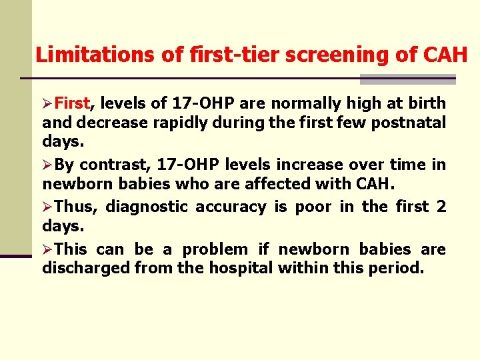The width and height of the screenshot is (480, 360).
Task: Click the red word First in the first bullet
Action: pyautogui.click(x=72, y=103)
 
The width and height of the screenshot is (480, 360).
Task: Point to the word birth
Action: pyautogui.click(x=427, y=103)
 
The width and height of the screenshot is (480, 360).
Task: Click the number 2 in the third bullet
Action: pyautogui.click(x=441, y=207)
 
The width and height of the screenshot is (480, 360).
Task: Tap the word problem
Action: pyautogui.click(x=216, y=249)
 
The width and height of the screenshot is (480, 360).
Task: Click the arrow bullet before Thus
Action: pyautogui.click(x=47, y=207)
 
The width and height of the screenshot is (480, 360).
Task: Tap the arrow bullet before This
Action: pyautogui.click(x=47, y=249)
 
